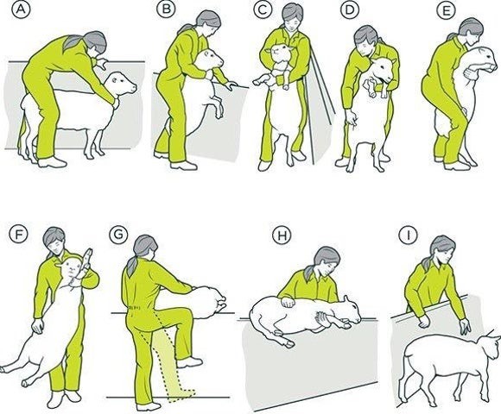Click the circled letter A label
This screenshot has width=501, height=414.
(x=21, y=9)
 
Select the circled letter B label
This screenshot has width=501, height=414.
(x=166, y=9)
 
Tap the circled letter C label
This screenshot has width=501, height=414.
(x=263, y=9)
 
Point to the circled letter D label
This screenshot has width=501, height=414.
(x=350, y=9)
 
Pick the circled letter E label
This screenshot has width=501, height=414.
(x=446, y=9)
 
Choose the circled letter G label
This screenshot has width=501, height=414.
(x=118, y=234)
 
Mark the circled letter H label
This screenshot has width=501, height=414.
(x=282, y=235)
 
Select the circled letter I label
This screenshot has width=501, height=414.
(x=408, y=235)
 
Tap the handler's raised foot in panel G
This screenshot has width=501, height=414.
(x=190, y=362)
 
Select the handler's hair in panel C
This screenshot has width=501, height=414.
(x=293, y=12)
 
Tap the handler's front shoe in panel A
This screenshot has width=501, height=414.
(x=53, y=162)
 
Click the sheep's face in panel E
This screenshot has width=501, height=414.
(x=485, y=59)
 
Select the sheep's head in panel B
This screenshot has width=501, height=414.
(x=211, y=59)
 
